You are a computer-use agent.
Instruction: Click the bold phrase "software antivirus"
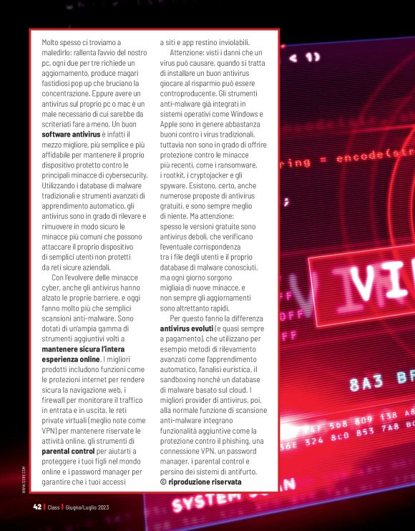[71, 134]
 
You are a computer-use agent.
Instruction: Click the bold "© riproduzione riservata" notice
[201, 482]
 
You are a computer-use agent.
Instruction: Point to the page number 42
[37, 507]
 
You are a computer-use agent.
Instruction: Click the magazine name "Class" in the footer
[54, 507]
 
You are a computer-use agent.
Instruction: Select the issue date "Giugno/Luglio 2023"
[87, 507]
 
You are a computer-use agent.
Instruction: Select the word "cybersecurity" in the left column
[122, 174]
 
